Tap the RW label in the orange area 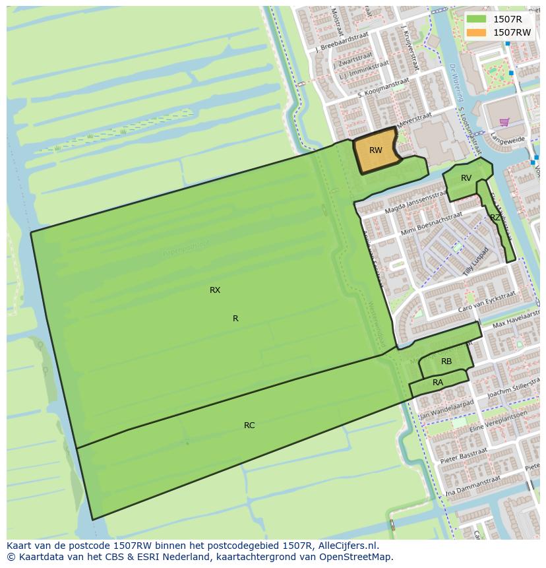[x=376, y=150]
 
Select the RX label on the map [x=215, y=290]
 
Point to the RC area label [x=249, y=426]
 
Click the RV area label [x=466, y=178]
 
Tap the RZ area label [x=495, y=217]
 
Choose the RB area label [x=446, y=362]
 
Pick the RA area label [x=438, y=383]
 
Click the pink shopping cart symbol [x=504, y=121]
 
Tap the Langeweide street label [x=508, y=140]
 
